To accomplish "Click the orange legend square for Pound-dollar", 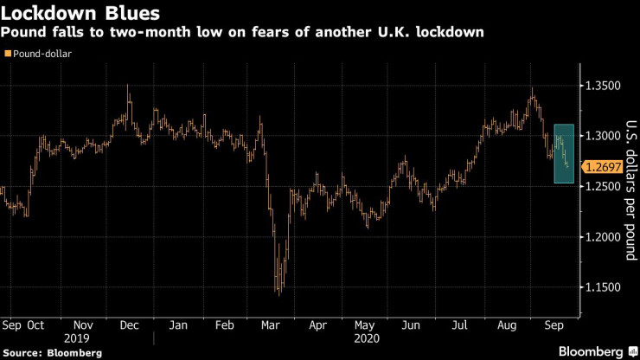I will [9, 54].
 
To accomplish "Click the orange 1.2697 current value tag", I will [604, 166].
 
